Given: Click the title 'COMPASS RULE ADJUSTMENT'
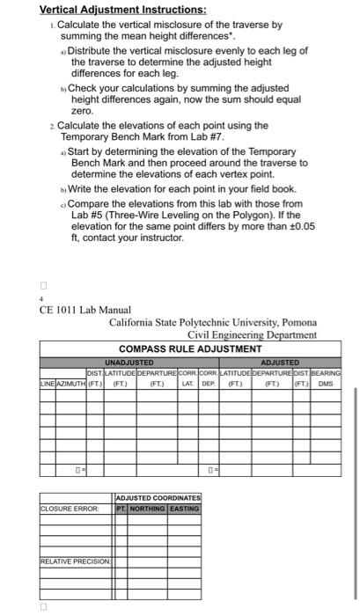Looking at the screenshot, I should point(190,348).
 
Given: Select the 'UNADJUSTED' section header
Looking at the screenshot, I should point(129,363).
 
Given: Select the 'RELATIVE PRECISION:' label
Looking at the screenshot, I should point(74,560).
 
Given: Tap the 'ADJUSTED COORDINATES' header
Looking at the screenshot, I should point(158,498).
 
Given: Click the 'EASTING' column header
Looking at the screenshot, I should point(184,508).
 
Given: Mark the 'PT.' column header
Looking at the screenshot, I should point(121,508).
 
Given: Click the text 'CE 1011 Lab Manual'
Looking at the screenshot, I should point(84,310).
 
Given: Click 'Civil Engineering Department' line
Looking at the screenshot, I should point(253,334).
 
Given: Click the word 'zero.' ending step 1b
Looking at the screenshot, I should point(82,112).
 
